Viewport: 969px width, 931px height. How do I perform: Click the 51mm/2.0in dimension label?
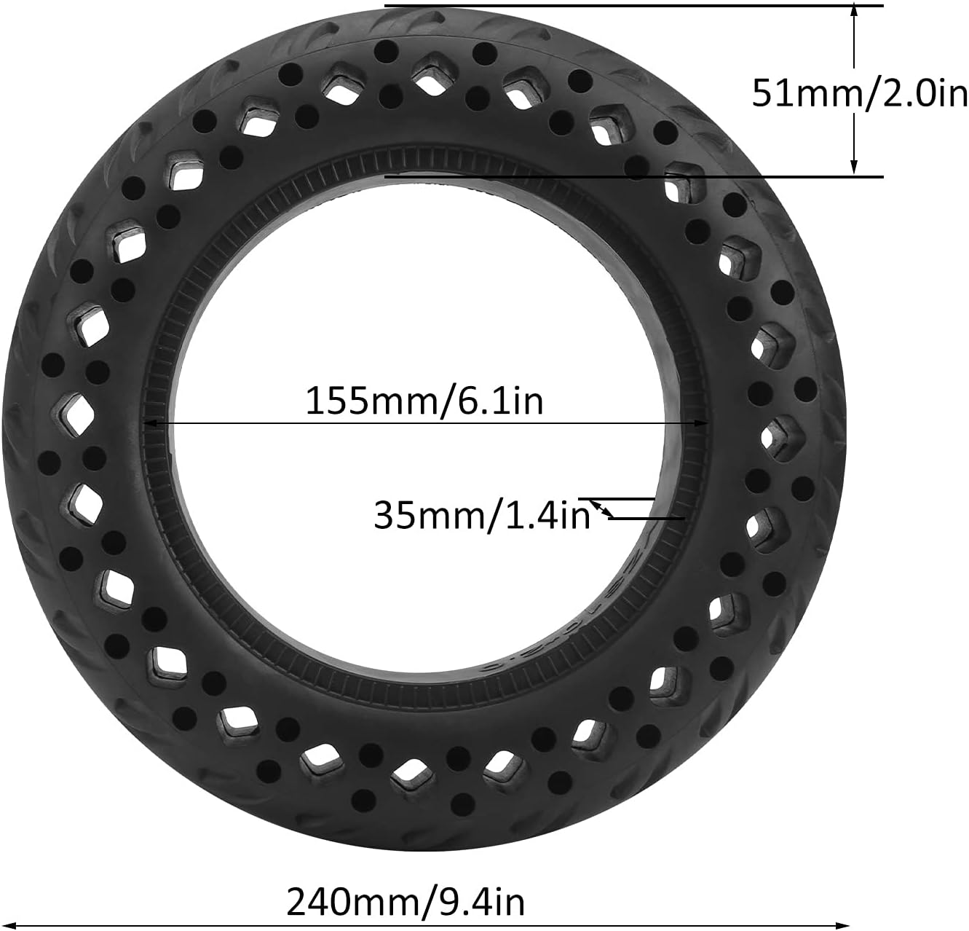point(860,93)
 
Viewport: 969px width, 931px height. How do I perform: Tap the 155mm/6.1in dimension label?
point(424,401)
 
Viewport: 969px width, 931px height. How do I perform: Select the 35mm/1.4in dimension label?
point(482,516)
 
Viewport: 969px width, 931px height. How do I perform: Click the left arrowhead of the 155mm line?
point(149,423)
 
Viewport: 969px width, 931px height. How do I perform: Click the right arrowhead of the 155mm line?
point(701,423)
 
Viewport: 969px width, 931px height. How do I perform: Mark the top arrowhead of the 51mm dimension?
point(854,13)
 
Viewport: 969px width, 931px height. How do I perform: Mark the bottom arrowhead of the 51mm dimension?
point(854,168)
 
